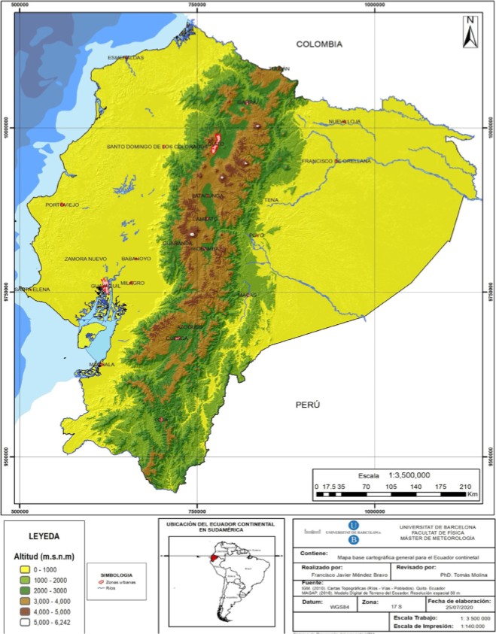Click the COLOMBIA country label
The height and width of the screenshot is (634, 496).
point(319,44)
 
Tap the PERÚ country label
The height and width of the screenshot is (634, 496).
point(307,404)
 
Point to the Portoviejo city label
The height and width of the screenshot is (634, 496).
point(62,205)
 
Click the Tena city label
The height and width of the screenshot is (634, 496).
point(271,200)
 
